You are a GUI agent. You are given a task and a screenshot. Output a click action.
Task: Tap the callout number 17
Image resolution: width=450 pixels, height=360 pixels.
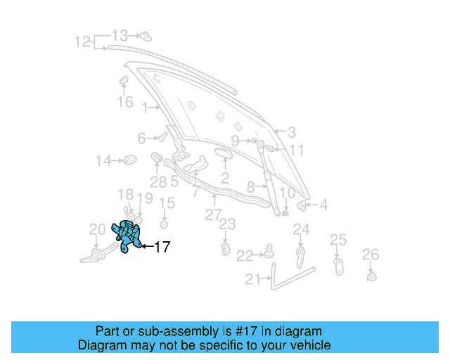pos(162,247)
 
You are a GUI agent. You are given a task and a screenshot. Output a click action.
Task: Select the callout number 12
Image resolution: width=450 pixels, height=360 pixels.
pos(83,41)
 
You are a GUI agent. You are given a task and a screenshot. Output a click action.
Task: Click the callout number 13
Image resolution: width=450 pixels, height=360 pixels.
pos(120,35)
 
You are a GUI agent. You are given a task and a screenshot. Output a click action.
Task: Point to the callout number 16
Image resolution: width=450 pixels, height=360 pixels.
pos(124,103)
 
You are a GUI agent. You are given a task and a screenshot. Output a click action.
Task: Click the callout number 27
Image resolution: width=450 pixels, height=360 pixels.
pos(213,214)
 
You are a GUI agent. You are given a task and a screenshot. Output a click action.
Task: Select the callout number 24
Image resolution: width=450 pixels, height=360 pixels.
pos(301,229)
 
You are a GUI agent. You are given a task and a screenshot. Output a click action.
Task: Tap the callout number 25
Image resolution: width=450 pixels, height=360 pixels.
pos(338,240)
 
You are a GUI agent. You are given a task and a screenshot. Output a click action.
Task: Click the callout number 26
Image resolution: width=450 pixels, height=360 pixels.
pos(370,254)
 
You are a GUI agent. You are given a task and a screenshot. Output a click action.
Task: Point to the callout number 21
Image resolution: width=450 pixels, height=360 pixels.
pos(253,279)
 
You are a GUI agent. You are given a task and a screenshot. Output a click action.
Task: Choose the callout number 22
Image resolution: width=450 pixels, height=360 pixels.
pos(245,255)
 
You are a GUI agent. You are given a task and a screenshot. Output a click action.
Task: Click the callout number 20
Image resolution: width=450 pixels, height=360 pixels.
pos(97,229)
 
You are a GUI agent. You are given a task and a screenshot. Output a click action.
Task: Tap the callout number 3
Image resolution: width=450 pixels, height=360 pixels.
pos(291,131)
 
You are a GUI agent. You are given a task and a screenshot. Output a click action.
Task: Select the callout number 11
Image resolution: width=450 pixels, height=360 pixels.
pos(297,150)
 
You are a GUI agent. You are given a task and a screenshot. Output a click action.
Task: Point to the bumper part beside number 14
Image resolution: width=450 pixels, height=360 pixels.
pos(129,161)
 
